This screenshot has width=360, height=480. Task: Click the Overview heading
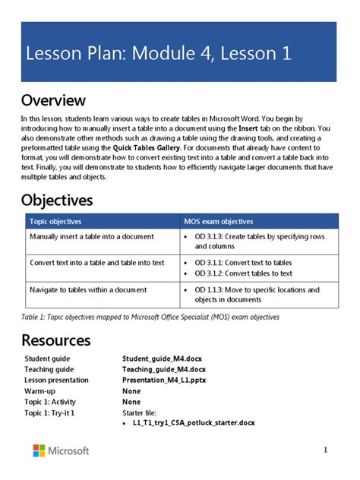tap(53, 100)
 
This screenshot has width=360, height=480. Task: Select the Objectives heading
tap(57, 200)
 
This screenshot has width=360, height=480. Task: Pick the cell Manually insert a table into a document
tap(92, 236)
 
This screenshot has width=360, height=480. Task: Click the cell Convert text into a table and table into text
tap(96, 263)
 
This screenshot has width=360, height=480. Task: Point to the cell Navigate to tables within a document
tap(90, 289)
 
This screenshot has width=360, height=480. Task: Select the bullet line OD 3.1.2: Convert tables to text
tap(243, 273)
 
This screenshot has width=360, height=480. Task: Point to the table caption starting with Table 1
tap(150, 317)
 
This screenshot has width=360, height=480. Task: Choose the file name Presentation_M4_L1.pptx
tap(165, 380)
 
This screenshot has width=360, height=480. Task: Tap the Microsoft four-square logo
tap(39, 450)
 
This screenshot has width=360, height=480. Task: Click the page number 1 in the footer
tap(325, 450)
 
